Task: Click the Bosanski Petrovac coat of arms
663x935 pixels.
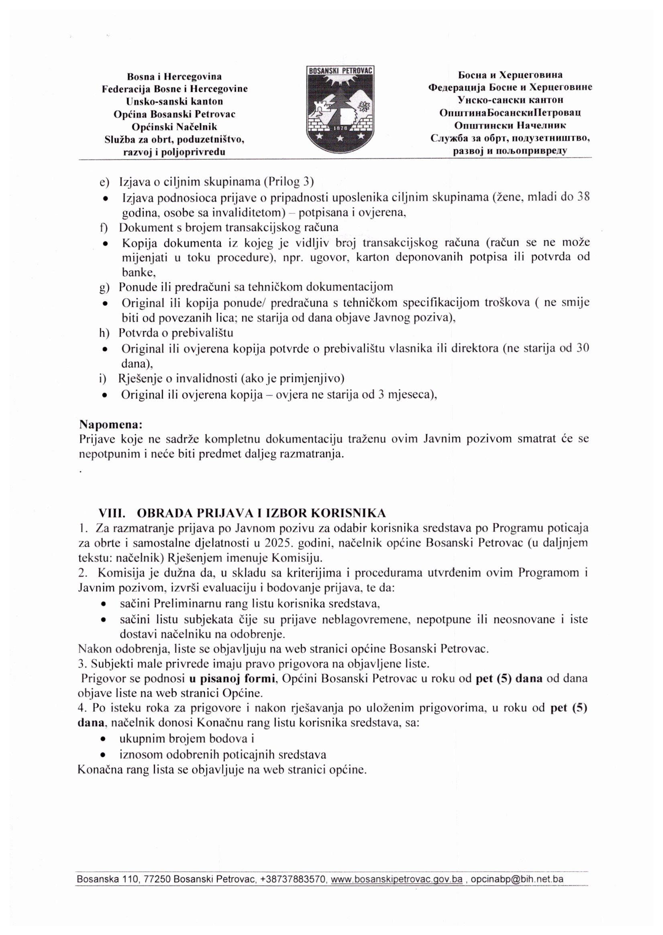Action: [x=340, y=109]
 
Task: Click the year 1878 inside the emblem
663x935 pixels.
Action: [x=340, y=128]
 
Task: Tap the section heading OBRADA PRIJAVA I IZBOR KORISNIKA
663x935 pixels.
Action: [x=261, y=513]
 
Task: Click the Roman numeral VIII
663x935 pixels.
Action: [x=112, y=513]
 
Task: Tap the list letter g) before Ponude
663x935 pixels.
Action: [x=104, y=288]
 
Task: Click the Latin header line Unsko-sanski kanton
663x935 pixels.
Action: [x=175, y=101]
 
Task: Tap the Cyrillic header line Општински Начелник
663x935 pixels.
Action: [x=510, y=125]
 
